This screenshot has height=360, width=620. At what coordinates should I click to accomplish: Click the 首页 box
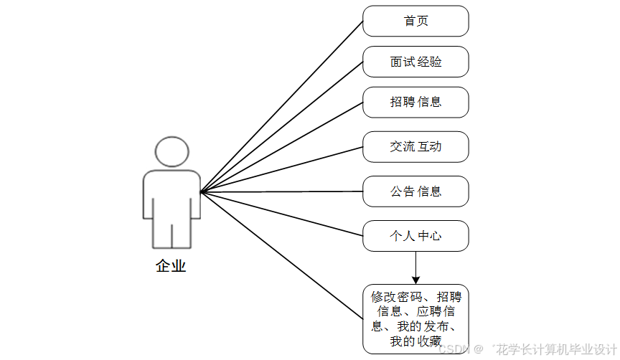[415, 22]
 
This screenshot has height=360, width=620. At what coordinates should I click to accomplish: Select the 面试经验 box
[415, 62]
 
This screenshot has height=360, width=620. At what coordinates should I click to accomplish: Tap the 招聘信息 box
[415, 102]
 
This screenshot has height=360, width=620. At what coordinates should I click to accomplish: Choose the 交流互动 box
[415, 146]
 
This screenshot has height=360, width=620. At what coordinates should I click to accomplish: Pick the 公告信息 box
[415, 191]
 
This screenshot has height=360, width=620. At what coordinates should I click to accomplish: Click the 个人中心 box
[415, 236]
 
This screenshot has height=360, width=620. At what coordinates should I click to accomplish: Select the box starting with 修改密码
[415, 318]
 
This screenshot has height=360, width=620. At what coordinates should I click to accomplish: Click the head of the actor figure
[172, 152]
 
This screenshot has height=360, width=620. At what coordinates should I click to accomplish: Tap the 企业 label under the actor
[171, 266]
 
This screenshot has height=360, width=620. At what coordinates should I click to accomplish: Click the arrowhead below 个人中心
[415, 279]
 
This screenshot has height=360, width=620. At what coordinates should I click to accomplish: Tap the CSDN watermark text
[451, 349]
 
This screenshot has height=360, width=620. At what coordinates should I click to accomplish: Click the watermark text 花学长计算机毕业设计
[553, 349]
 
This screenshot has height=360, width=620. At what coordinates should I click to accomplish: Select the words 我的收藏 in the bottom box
[415, 341]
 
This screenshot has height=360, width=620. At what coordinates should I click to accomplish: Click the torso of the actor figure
[172, 194]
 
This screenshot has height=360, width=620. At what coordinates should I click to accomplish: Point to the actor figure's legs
[172, 233]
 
